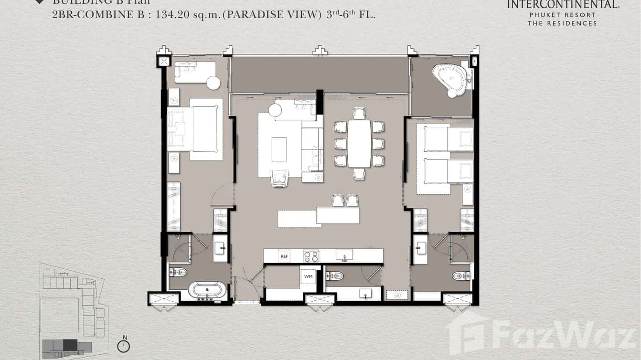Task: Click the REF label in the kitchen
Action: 285,256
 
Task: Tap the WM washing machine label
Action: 308,276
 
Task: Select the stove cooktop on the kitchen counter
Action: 311,256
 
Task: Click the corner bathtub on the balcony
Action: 450,79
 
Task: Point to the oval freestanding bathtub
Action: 207,290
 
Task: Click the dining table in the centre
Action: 359,143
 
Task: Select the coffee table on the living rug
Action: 279,149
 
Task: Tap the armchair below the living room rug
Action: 280,178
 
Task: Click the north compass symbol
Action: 124,346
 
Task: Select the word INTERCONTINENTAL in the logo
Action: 562,5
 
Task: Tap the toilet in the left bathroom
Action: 178,273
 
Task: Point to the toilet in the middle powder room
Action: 335,276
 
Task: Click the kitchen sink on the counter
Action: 344,255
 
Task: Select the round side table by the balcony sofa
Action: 214,83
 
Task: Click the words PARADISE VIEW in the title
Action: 272,15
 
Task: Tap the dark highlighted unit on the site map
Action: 70,345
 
